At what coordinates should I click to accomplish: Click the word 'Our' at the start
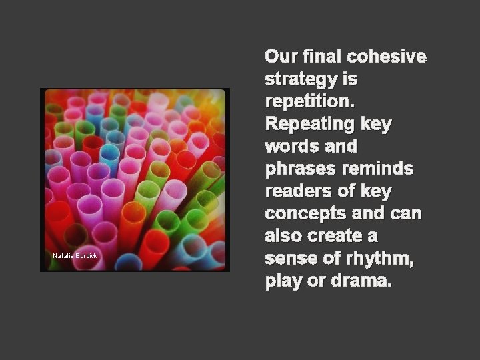tap(281, 57)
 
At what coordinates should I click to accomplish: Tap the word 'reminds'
tap(378, 169)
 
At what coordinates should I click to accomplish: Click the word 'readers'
tap(297, 192)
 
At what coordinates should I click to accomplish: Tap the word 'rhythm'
tap(378, 259)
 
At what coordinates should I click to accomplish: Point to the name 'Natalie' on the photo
tap(63, 256)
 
